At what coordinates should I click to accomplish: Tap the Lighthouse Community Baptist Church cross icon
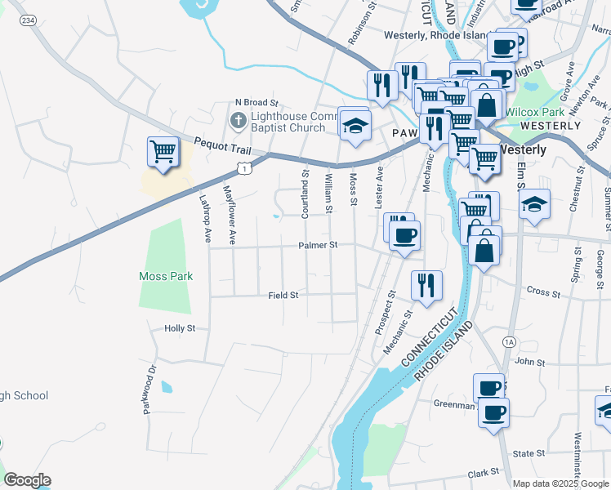(237, 122)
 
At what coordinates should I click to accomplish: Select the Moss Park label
(166, 276)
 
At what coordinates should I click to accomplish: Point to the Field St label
(283, 295)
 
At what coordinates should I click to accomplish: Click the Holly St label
(180, 328)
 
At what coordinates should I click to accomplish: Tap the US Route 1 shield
(243, 167)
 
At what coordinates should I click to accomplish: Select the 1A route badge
(511, 341)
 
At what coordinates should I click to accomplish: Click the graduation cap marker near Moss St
(355, 126)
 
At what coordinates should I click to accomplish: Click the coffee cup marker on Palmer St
(404, 237)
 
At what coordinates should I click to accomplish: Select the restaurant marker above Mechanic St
(426, 287)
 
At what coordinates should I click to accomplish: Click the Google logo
(26, 480)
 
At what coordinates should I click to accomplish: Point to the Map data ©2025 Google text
(560, 483)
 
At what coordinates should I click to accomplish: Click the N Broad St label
(256, 104)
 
